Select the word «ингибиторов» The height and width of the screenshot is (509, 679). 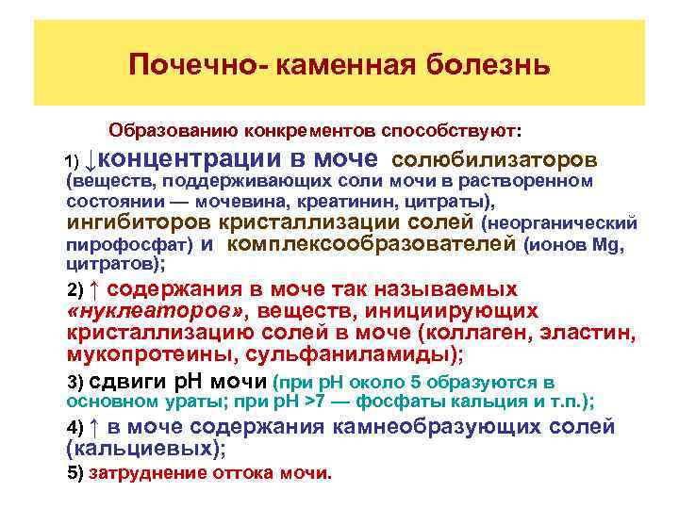click(x=139, y=223)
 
